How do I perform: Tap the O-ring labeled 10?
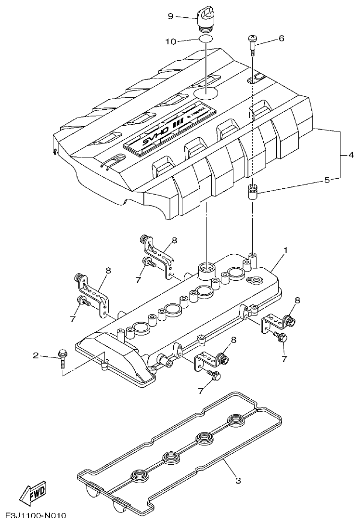coord(206,40)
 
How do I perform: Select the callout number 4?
coord(352,155)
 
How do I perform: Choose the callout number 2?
coord(36,356)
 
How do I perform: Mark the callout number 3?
coord(237,480)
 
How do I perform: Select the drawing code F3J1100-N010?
coord(33,515)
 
